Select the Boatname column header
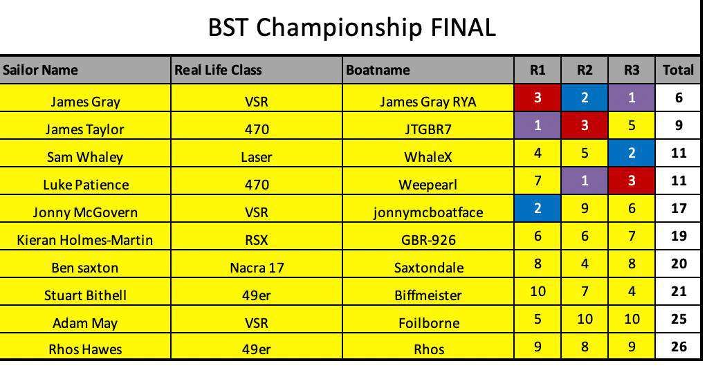point(378,70)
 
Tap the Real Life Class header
point(218,70)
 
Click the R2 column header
point(585,70)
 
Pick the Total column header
point(678,70)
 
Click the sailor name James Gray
point(85,102)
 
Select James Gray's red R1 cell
point(538,98)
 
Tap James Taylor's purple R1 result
point(538,125)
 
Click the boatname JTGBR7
point(428,129)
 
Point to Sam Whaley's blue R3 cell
point(631,153)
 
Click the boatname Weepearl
point(428,185)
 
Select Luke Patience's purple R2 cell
point(585,181)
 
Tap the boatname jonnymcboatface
point(428,212)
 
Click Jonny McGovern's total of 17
point(679,208)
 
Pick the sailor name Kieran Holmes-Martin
point(85,240)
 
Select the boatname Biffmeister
point(428,295)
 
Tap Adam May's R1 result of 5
point(538,319)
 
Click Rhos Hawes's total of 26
point(679,347)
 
